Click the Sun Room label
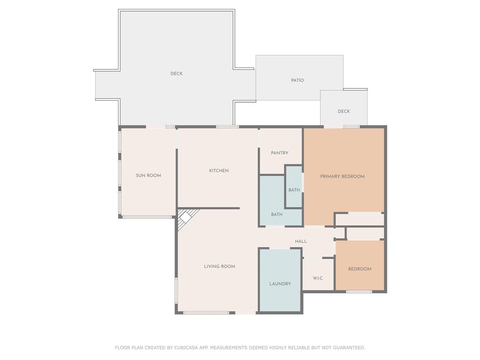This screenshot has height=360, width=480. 149,175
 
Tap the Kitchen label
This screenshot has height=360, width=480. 219,171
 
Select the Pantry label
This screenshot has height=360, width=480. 279,153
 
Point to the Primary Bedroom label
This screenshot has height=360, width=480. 342,176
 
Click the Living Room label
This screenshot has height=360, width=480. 219,266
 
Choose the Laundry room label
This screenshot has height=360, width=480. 280,284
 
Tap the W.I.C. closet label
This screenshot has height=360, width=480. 318,278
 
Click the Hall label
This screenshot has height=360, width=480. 301,241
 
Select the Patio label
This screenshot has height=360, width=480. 298,80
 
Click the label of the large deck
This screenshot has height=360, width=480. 177,74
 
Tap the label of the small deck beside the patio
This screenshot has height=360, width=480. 344,112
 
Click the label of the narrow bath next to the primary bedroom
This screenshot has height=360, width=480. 294,190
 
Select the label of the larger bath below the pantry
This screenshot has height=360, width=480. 277,215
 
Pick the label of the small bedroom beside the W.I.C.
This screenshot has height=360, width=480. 360,269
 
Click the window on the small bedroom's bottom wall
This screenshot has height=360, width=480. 359,292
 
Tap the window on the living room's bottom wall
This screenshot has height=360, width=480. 206,313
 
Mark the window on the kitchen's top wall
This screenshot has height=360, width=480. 227,127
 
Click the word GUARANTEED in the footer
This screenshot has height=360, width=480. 349,347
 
